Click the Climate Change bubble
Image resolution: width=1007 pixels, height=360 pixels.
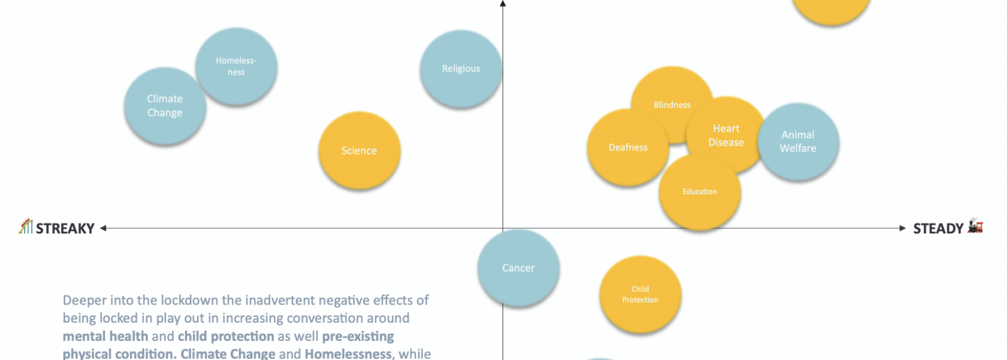(x=165, y=106)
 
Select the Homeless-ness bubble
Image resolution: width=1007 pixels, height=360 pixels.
(x=236, y=66)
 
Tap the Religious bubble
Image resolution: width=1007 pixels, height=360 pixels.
(x=461, y=68)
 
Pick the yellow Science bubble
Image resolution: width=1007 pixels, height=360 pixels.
(x=359, y=151)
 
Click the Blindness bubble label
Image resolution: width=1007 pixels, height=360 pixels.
(x=672, y=105)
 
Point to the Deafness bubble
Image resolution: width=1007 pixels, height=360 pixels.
(x=628, y=148)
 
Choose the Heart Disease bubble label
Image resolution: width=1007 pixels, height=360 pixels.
(x=726, y=135)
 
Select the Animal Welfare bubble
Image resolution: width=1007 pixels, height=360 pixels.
(x=798, y=141)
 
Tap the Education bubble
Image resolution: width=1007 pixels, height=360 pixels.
(x=699, y=192)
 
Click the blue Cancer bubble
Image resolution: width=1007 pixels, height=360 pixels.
(x=518, y=268)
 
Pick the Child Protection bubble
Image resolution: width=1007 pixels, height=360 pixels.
(x=640, y=295)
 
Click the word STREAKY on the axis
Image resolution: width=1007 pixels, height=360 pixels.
(x=65, y=229)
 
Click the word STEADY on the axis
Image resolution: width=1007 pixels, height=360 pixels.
(x=938, y=229)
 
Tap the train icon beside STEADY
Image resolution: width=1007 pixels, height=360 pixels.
(x=975, y=226)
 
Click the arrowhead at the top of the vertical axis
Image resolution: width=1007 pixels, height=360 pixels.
(x=502, y=4)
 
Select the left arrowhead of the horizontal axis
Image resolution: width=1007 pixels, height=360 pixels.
(x=103, y=228)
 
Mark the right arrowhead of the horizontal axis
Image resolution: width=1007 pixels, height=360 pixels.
(x=902, y=228)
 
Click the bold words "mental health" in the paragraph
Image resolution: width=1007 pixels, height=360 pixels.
(x=105, y=336)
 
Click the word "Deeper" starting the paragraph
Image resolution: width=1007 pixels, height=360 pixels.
(x=84, y=301)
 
